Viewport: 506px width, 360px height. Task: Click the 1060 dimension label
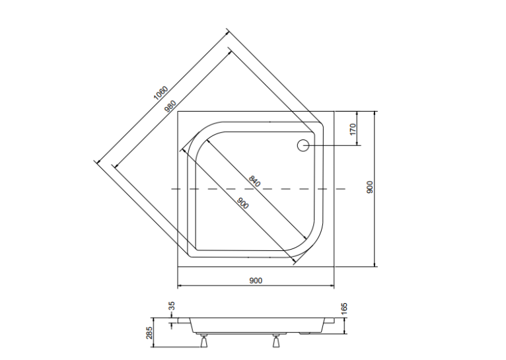coord(161,93)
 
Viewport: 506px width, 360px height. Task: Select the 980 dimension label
coord(170,106)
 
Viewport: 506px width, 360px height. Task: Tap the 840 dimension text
coord(254,181)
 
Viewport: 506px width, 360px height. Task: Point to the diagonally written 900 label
coord(243,203)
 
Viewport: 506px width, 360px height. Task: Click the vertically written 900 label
coord(370,187)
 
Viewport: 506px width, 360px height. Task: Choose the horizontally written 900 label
coord(256,281)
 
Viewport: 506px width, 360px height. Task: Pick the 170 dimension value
coord(353,129)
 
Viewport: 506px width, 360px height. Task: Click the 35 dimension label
coord(172,305)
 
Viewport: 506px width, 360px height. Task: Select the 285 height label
coord(149,333)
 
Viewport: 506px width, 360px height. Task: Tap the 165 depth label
coord(344,308)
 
